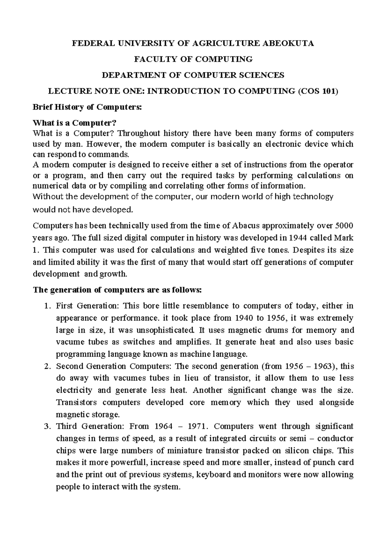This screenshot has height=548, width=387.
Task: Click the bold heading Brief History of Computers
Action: pos(87,107)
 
